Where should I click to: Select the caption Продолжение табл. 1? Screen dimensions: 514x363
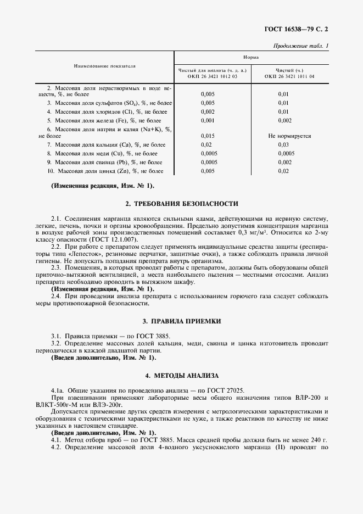300,46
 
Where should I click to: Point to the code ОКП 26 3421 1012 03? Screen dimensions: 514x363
212,77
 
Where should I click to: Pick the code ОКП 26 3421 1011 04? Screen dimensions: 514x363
289,77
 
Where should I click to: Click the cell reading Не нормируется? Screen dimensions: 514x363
289,135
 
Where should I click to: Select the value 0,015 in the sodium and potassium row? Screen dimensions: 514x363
208,135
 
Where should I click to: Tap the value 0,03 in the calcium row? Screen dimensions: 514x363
283,144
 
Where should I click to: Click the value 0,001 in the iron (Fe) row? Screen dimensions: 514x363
208,120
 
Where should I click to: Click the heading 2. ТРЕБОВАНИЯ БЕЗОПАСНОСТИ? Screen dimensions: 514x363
182,204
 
